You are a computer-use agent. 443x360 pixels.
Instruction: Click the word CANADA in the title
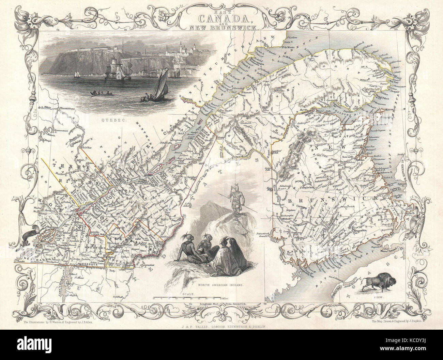click(x=221, y=15)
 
